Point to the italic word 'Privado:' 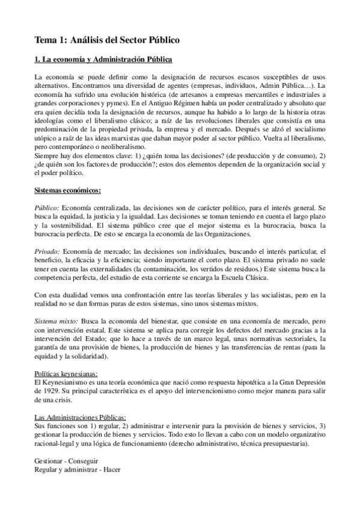pos(46,250)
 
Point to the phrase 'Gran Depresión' pos(301,383)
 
